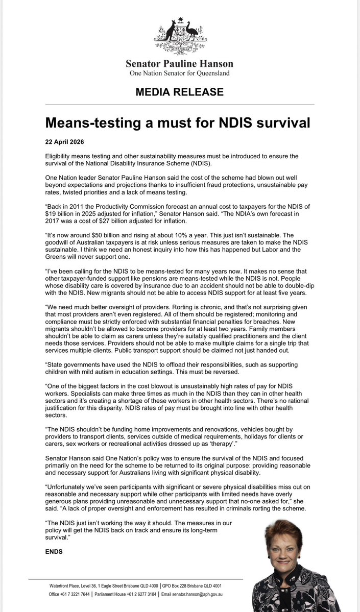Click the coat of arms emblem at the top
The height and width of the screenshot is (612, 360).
click(x=180, y=36)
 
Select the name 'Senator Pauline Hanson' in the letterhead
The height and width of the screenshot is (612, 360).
click(x=180, y=64)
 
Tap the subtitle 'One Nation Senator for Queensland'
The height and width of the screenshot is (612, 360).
click(x=180, y=73)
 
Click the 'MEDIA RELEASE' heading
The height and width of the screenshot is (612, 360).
click(x=180, y=92)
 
